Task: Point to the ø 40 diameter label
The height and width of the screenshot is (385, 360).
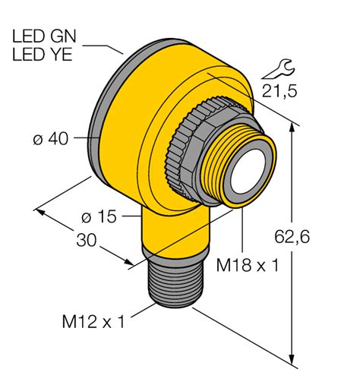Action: pos(52,140)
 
